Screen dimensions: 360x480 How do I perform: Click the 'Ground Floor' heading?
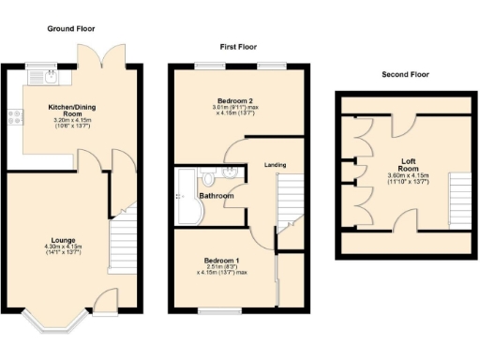point(72,29)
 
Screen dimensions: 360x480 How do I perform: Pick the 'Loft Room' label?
point(408,163)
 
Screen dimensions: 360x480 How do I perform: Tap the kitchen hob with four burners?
point(16,117)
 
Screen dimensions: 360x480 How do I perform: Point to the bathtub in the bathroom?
point(185,199)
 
